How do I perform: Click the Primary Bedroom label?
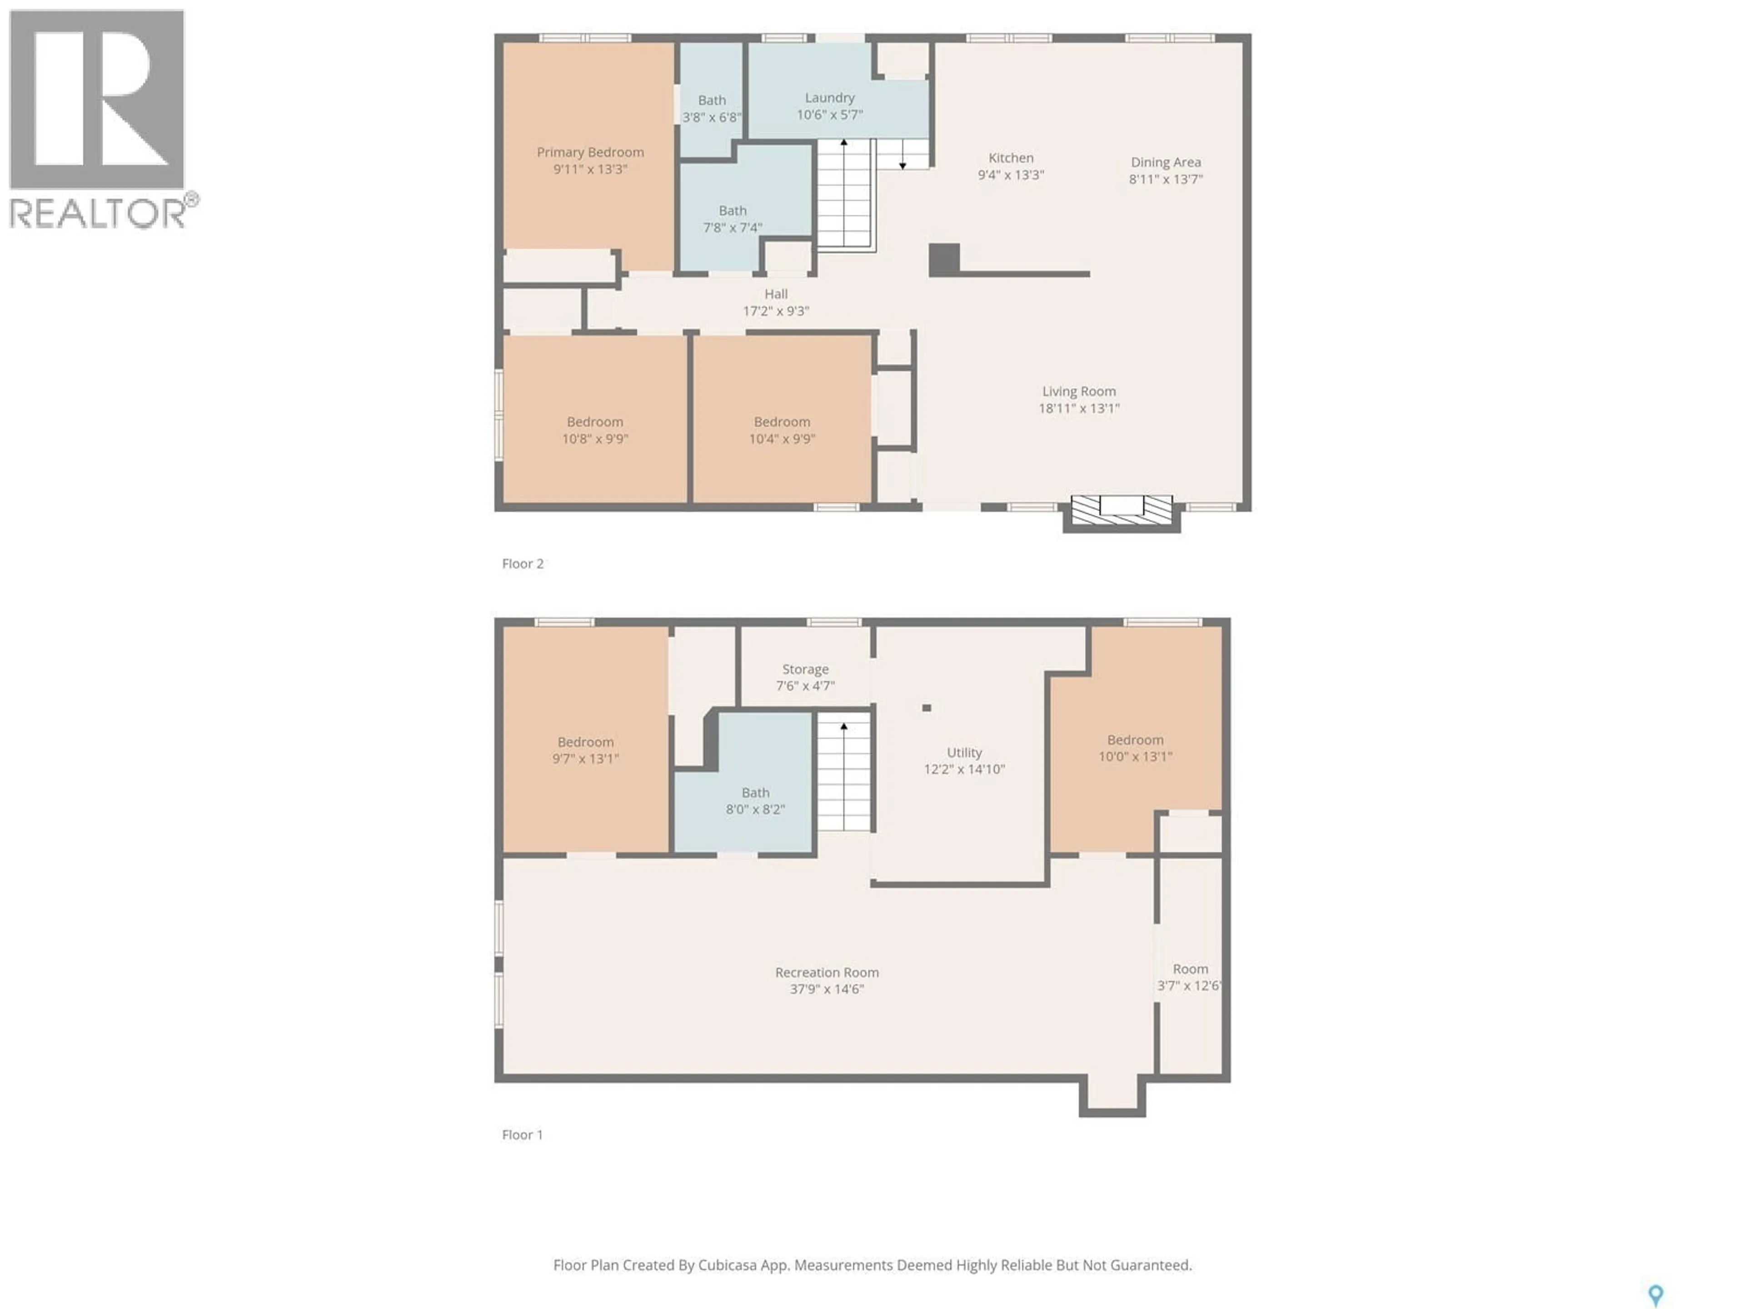click(x=590, y=152)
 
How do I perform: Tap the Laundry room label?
click(x=829, y=98)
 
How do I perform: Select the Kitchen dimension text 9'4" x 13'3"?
click(x=1011, y=175)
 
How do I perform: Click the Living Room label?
click(x=1078, y=391)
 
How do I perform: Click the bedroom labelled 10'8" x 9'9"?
click(x=595, y=430)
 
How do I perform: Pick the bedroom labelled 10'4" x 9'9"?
click(x=782, y=430)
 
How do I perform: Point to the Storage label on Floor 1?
click(x=805, y=669)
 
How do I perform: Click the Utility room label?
click(x=964, y=753)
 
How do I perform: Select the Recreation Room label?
click(x=827, y=973)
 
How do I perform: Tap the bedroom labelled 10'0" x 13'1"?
click(x=1135, y=748)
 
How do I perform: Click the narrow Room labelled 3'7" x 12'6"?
click(x=1190, y=977)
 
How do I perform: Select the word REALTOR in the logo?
click(x=98, y=213)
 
